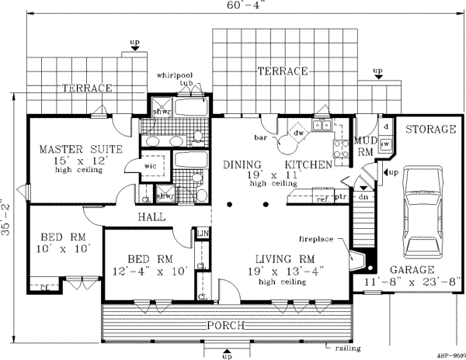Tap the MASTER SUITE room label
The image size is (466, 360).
pyautogui.click(x=67, y=149)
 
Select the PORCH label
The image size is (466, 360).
pyautogui.click(x=226, y=324)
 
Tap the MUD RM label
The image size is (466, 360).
pyautogui.click(x=365, y=147)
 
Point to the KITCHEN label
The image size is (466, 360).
pyautogui.click(x=308, y=165)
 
